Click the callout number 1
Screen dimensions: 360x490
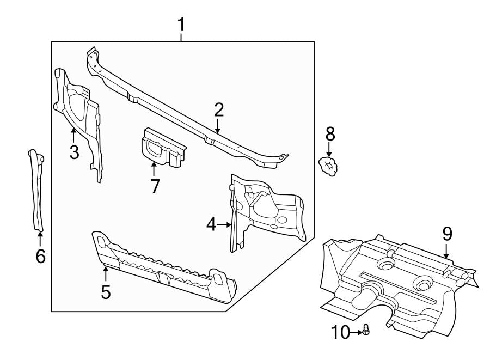(x=181, y=25)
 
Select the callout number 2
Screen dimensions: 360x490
(x=218, y=109)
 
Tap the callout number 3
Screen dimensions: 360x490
(x=74, y=152)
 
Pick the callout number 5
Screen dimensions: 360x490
(x=106, y=291)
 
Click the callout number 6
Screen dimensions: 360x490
(x=40, y=256)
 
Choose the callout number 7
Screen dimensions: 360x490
(x=155, y=186)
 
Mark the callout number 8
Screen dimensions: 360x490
(x=330, y=133)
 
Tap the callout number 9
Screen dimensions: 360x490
(x=447, y=234)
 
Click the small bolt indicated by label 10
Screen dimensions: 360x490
(x=366, y=330)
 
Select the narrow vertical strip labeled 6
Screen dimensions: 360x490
(x=37, y=191)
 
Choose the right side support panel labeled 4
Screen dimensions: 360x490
(x=261, y=210)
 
